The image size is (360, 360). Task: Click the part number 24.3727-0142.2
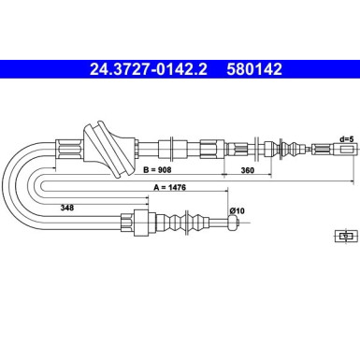pos(149,69)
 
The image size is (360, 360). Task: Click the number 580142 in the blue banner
pos(254,69)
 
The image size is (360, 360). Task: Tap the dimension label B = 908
pos(157,170)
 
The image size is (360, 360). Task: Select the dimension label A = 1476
pos(169,187)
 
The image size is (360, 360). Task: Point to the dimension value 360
pos(248,170)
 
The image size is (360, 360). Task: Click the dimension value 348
pos(67,208)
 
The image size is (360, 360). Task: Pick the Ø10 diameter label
pos(237,211)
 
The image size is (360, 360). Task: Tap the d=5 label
pos(347,139)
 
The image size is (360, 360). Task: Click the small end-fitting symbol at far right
pos(346,237)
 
